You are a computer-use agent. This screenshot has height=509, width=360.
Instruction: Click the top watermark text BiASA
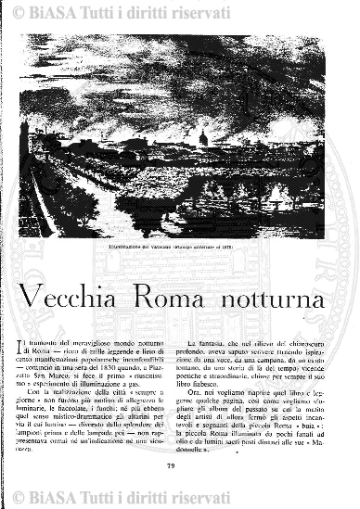[x=62, y=11]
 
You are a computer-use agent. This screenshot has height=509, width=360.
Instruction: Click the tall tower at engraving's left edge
[x=24, y=139]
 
